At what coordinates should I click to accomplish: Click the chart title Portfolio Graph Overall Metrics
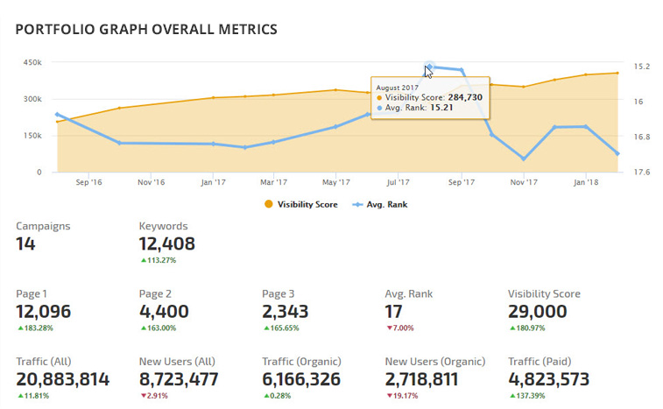pos(146,30)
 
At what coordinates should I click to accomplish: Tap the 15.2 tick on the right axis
pos(640,67)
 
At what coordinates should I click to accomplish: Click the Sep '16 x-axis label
pos(88,183)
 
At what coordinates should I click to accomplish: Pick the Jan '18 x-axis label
pos(586,183)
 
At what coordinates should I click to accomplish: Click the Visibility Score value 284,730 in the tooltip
pos(459,97)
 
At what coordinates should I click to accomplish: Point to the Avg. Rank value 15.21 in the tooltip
pos(441,108)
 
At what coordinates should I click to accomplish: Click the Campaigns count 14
pos(26,243)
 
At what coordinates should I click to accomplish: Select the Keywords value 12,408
pos(166,243)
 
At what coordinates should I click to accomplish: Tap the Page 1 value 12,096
pos(44,312)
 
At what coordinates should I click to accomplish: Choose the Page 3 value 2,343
pos(286,312)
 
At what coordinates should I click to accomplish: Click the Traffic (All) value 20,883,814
pos(63,379)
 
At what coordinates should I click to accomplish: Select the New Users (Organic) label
pos(434,360)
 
